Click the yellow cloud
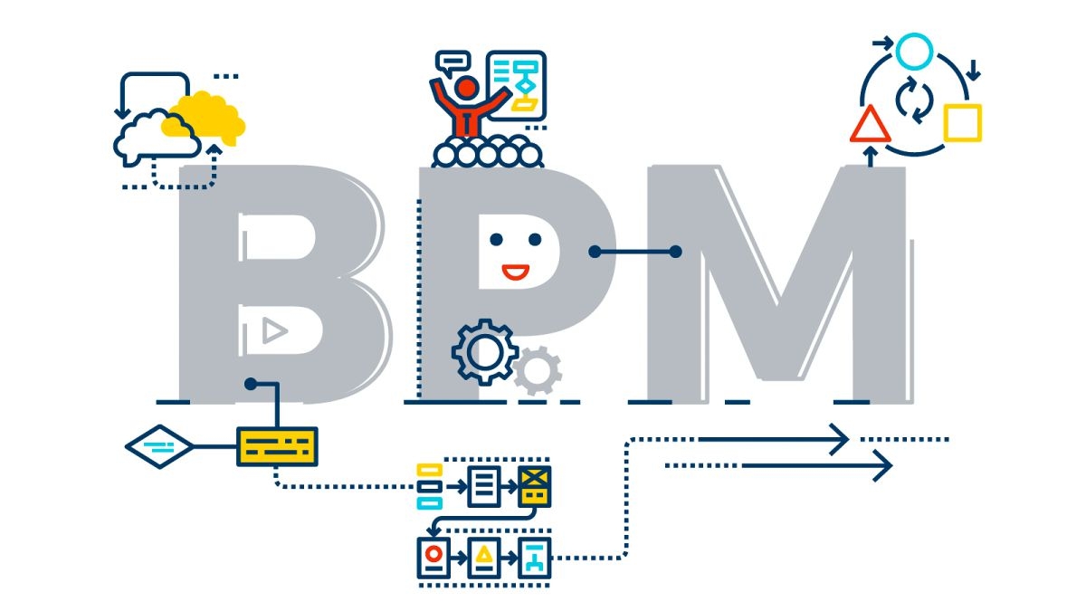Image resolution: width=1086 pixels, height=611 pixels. pyautogui.click(x=206, y=118)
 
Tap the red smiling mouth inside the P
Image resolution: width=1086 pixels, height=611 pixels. pyautogui.click(x=515, y=272)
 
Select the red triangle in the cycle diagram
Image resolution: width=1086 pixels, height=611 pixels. pyautogui.click(x=871, y=124)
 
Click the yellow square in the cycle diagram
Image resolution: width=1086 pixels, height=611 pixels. pyautogui.click(x=962, y=123)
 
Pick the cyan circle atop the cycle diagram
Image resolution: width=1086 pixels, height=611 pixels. pyautogui.click(x=914, y=52)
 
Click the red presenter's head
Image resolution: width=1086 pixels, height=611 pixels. pyautogui.click(x=466, y=89)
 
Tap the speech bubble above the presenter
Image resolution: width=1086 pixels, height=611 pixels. pyautogui.click(x=452, y=63)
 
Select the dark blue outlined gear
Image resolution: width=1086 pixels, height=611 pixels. pyautogui.click(x=485, y=352)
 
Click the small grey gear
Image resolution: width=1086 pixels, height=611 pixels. pyautogui.click(x=538, y=371)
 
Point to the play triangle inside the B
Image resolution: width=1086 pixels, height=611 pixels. pyautogui.click(x=274, y=331)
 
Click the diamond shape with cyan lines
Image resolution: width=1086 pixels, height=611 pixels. pyautogui.click(x=159, y=446)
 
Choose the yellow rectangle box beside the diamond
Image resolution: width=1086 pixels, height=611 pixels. pyautogui.click(x=277, y=446)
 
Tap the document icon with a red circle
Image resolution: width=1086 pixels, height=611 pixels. pyautogui.click(x=433, y=558)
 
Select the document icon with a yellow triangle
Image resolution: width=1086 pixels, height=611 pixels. pyautogui.click(x=484, y=558)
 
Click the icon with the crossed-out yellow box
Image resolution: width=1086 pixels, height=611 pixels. pyautogui.click(x=534, y=486)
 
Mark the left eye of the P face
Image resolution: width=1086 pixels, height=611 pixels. pyautogui.click(x=497, y=240)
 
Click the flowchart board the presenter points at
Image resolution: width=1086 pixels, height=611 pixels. pyautogui.click(x=517, y=85)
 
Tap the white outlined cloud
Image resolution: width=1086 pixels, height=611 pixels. pyautogui.click(x=156, y=138)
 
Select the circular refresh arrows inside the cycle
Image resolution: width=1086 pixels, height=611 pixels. pyautogui.click(x=914, y=100)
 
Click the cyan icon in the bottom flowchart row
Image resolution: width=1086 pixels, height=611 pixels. pyautogui.click(x=534, y=558)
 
